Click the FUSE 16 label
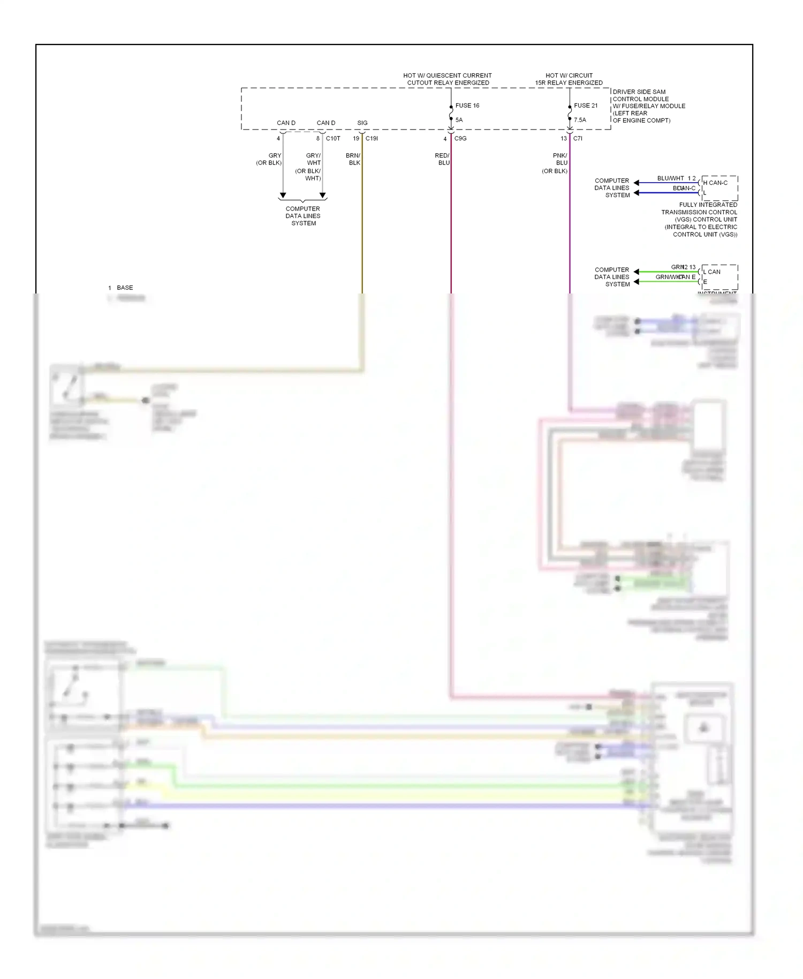[467, 106]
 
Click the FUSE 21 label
[586, 106]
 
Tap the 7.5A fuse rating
[580, 120]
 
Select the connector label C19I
[372, 139]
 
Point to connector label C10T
[333, 139]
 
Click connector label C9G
[460, 139]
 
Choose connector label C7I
[578, 139]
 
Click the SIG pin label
[362, 123]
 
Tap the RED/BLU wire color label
[442, 159]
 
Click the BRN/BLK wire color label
[353, 159]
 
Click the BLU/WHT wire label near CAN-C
[670, 178]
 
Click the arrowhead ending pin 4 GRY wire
[283, 195]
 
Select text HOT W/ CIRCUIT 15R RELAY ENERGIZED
[569, 79]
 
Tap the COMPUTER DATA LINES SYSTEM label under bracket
[303, 216]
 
